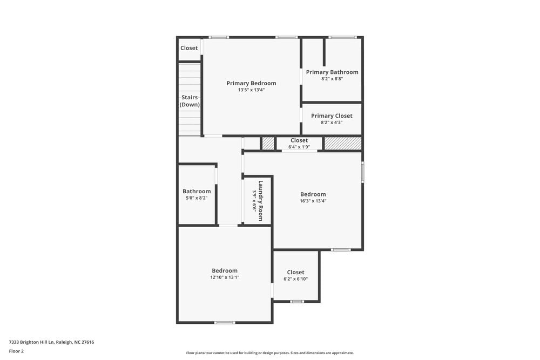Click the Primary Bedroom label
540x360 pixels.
[x=251, y=83]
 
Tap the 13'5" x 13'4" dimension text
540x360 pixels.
[x=251, y=90]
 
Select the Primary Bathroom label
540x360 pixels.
[x=332, y=72]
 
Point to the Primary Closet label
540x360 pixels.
[x=332, y=116]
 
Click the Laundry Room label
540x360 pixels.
[x=260, y=201]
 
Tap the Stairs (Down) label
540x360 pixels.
[x=190, y=101]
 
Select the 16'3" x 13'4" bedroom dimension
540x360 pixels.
[x=313, y=201]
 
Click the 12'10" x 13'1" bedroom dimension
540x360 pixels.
[x=225, y=277]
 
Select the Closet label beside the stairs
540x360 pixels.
[x=189, y=48]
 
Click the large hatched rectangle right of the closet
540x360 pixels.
[x=342, y=144]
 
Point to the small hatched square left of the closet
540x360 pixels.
[x=268, y=144]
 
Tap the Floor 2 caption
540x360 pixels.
[x=16, y=351]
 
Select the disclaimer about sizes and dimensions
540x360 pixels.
[x=270, y=353]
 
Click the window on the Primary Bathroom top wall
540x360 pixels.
[x=342, y=37]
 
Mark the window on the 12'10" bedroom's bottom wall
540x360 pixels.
[x=225, y=323]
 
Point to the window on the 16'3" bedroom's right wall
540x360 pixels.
[x=362, y=172]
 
